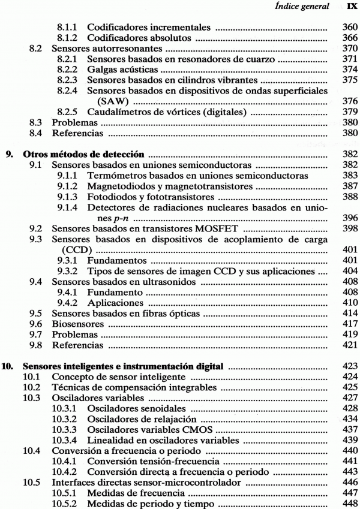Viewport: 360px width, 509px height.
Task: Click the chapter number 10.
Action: [x=11, y=367]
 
